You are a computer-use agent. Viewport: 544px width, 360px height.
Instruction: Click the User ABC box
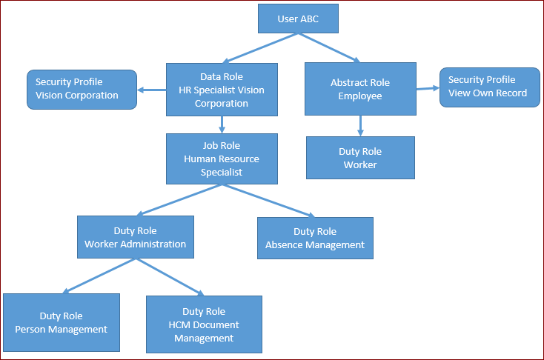pos(298,19)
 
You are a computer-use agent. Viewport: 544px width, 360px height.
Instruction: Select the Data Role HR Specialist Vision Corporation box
pos(222,90)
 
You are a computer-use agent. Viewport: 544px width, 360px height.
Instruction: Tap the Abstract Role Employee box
pos(359,89)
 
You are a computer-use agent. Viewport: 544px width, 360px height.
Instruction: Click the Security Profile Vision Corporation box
pos(82,89)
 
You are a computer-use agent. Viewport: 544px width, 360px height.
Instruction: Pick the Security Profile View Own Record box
pos(489,87)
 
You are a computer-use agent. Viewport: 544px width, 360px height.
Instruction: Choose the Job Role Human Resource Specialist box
pos(222,159)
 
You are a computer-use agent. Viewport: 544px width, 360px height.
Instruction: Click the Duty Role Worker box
pos(360,158)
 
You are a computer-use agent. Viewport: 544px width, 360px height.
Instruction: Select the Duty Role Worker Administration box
pos(136,237)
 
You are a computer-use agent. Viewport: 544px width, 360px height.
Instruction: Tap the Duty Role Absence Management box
pos(315,238)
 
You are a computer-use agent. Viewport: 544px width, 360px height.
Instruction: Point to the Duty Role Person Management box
pos(62,322)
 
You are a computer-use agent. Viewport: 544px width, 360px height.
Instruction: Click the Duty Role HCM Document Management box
pos(204,324)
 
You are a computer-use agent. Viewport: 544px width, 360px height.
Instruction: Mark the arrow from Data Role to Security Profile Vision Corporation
pos(152,90)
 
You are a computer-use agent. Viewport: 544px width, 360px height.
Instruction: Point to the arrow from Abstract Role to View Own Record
pos(427,88)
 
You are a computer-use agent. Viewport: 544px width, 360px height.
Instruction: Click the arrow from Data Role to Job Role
pos(222,124)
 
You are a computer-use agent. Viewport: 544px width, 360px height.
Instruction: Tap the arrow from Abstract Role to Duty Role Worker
pos(360,126)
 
